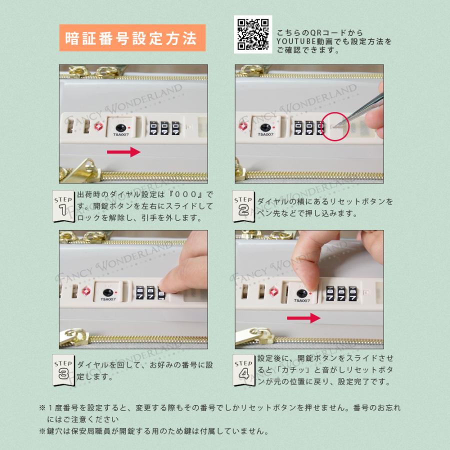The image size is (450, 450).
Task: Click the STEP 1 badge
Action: [62, 205]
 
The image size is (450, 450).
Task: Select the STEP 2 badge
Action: [243, 205]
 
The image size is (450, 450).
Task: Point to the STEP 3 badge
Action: [62, 369]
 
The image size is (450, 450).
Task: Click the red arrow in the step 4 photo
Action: [303, 317]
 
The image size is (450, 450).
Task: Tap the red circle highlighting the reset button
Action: [334, 125]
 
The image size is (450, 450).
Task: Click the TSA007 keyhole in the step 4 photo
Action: [301, 294]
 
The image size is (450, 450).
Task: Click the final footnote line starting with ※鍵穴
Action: [154, 431]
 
